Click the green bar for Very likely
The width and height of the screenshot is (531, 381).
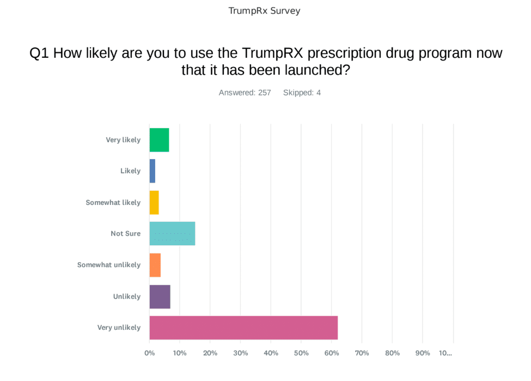pyautogui.click(x=159, y=140)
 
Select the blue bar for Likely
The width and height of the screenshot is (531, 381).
pyautogui.click(x=152, y=171)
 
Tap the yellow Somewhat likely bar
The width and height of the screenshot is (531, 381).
pyautogui.click(x=154, y=202)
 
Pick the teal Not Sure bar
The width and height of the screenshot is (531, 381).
pyautogui.click(x=172, y=233)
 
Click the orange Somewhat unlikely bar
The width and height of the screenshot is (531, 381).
pyautogui.click(x=155, y=265)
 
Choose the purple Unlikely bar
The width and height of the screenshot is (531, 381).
pyautogui.click(x=160, y=297)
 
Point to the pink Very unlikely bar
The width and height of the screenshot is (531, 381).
pyautogui.click(x=243, y=328)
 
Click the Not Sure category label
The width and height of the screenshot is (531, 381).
pyautogui.click(x=125, y=233)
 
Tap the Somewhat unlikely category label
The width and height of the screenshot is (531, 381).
pyautogui.click(x=109, y=265)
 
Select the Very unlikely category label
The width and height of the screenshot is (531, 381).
pyautogui.click(x=119, y=328)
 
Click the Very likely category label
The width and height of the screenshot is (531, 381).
pyautogui.click(x=123, y=140)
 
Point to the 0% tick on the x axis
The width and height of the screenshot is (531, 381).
pyautogui.click(x=149, y=353)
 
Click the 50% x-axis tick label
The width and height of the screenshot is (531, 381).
pyautogui.click(x=301, y=353)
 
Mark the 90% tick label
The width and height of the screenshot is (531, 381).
pyautogui.click(x=423, y=353)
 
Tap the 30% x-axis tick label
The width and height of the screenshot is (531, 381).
pyautogui.click(x=240, y=353)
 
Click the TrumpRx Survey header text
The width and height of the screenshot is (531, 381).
pyautogui.click(x=265, y=11)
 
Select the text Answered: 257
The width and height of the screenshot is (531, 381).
pyautogui.click(x=245, y=93)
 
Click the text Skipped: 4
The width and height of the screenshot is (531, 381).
pyautogui.click(x=302, y=93)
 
